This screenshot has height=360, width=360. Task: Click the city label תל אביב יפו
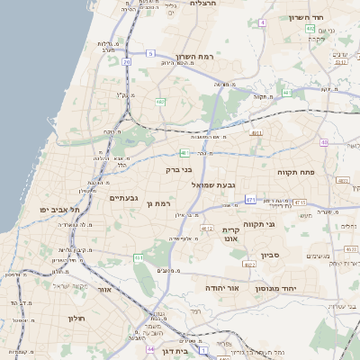point(59,209)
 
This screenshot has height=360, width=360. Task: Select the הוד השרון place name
point(306,17)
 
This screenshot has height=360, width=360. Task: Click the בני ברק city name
point(179,168)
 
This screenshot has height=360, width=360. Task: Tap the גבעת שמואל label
point(213,184)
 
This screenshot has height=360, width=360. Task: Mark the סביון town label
point(271,256)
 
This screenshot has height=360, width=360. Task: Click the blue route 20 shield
point(127,62)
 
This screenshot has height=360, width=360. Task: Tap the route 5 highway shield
point(150,54)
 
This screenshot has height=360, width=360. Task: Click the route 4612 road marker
point(207,229)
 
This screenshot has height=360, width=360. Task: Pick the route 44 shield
point(150,349)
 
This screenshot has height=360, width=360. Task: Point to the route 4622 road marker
point(249,265)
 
